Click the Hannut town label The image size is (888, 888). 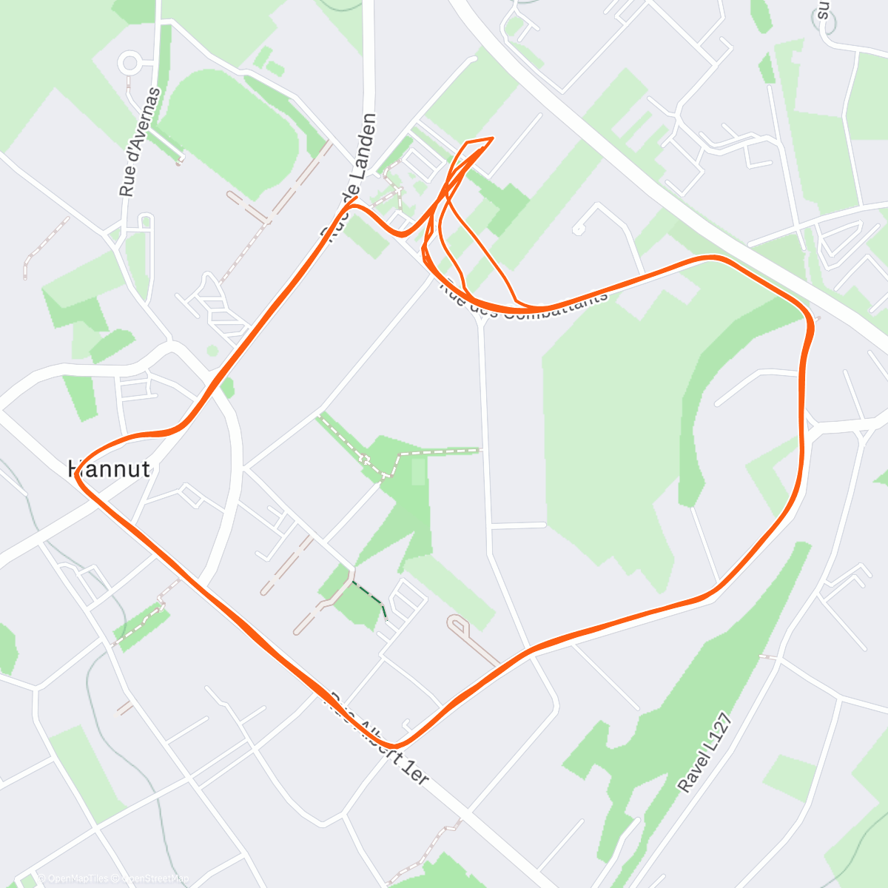110,469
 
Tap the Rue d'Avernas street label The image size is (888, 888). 141,142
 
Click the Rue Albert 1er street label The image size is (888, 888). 379,739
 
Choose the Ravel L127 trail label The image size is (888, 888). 705,753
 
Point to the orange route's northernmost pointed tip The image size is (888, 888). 491,138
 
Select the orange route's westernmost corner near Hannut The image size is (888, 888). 78,474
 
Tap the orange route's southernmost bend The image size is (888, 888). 393,744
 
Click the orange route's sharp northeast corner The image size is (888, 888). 812,322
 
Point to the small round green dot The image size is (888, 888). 212,350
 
